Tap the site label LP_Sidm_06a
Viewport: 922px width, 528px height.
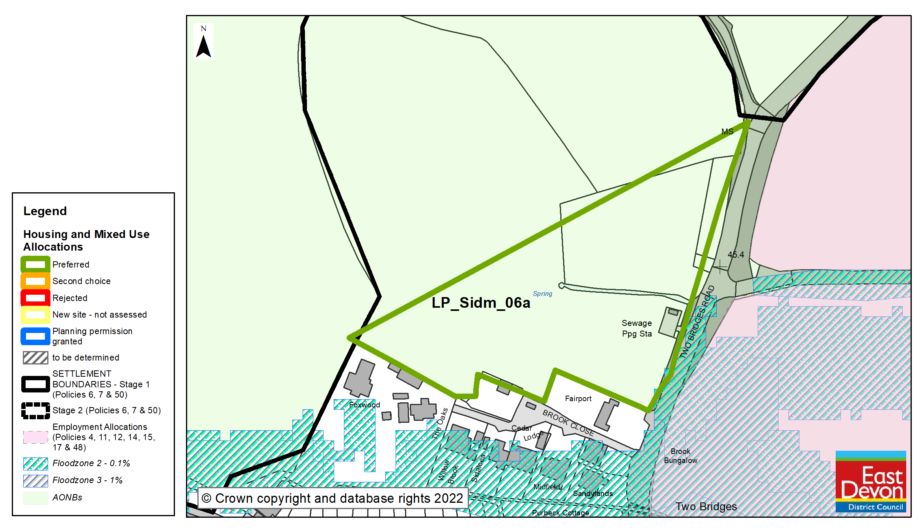tap(481, 303)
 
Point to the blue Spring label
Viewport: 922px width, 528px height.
tap(543, 294)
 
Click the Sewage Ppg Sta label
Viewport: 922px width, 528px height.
tap(637, 328)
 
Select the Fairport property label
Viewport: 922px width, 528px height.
tap(578, 398)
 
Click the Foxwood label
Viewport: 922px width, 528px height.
tap(364, 405)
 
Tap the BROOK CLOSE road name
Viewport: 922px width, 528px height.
tap(568, 422)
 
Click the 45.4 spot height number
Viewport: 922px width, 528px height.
tap(736, 255)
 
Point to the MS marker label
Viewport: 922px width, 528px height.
tap(727, 132)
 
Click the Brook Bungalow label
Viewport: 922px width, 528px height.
tap(680, 455)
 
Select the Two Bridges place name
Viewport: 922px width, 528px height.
tap(706, 506)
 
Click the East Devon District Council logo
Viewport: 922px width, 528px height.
tap(871, 481)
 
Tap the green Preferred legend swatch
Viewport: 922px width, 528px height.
tap(35, 264)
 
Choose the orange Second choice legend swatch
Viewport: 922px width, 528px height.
tap(35, 281)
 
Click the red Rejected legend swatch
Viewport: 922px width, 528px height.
tap(35, 298)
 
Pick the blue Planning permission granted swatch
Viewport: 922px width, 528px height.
tap(35, 336)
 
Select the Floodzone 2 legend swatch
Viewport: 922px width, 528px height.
tap(35, 463)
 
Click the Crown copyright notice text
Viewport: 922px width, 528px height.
tap(332, 498)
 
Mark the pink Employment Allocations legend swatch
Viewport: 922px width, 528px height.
tap(35, 437)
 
